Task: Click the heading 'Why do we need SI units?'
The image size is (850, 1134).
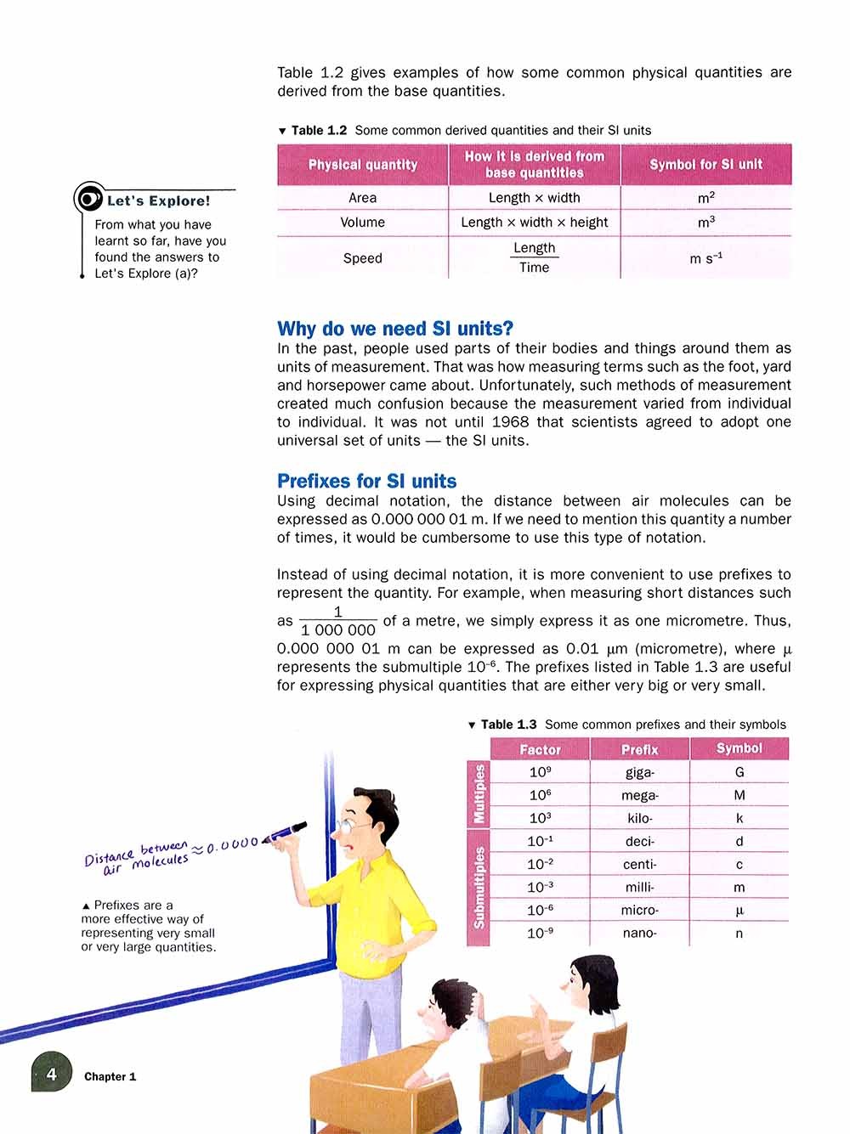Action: (395, 329)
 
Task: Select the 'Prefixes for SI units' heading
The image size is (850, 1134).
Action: (366, 482)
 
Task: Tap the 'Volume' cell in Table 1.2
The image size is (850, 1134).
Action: (362, 223)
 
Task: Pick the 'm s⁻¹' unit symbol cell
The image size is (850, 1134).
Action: (705, 257)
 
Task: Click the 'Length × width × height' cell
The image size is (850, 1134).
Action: (534, 223)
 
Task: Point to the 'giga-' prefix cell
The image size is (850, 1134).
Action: (639, 773)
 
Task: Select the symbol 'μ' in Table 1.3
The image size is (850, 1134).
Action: (739, 911)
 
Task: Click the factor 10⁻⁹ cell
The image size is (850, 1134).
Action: (540, 934)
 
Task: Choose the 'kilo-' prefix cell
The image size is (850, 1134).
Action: (639, 819)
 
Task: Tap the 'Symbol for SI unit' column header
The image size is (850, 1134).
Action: (705, 165)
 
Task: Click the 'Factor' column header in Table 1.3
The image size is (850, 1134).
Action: (540, 749)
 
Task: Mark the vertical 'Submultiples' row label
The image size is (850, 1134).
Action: (479, 887)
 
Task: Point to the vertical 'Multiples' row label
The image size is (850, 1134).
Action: (479, 794)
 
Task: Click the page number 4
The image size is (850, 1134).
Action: (51, 1075)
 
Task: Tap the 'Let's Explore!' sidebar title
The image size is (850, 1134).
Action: (158, 201)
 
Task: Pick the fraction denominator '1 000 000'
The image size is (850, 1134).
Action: (337, 630)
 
